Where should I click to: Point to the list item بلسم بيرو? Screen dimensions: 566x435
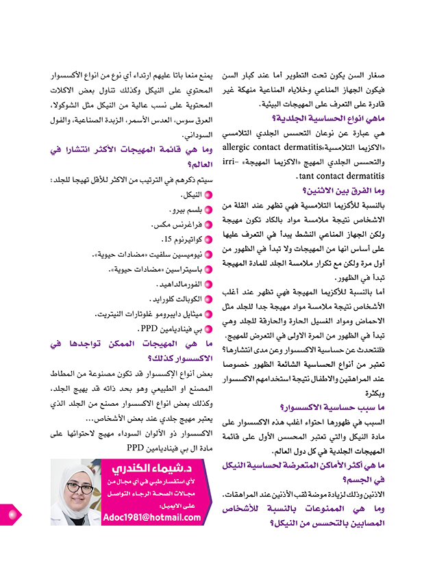[185, 210]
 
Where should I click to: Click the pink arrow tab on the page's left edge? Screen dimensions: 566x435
[10, 513]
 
